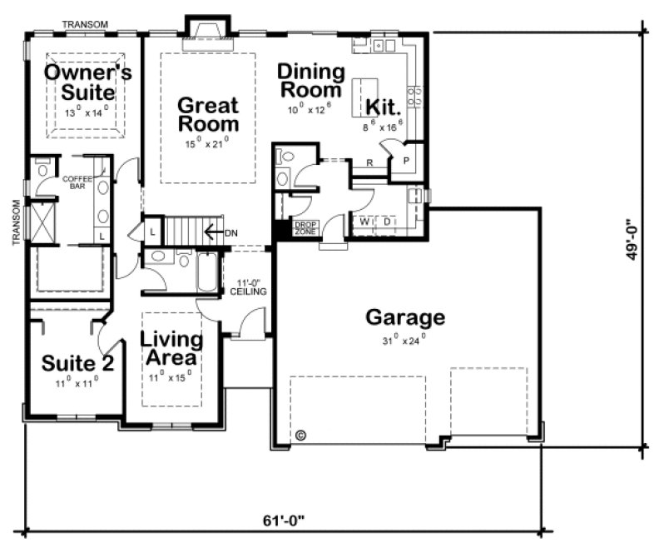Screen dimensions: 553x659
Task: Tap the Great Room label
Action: pyautogui.click(x=208, y=115)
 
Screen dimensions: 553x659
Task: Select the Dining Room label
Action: pyautogui.click(x=310, y=80)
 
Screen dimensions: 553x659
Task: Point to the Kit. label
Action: pyautogui.click(x=383, y=107)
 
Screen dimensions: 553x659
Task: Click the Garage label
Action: pyautogui.click(x=405, y=317)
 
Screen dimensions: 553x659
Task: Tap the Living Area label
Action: pyautogui.click(x=171, y=349)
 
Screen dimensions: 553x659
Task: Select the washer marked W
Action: pyautogui.click(x=364, y=222)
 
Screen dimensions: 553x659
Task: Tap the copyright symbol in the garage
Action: pyautogui.click(x=301, y=435)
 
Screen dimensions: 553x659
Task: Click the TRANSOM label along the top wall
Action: pyautogui.click(x=85, y=24)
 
